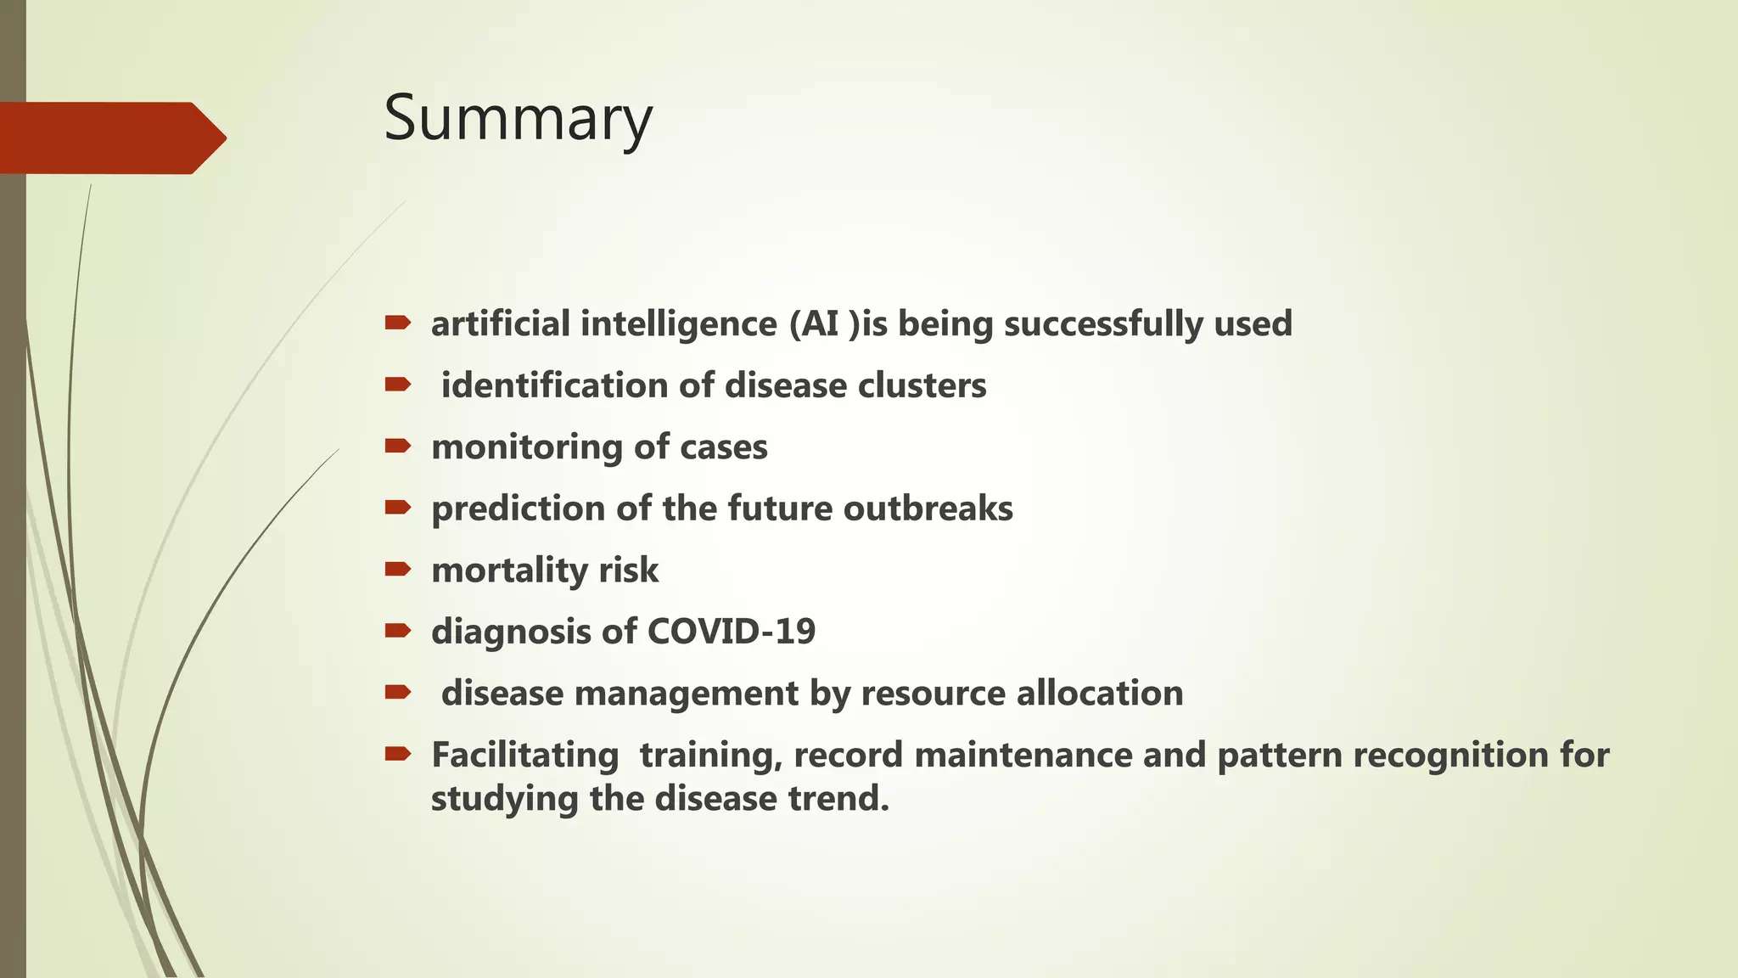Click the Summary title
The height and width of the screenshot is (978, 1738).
coord(518,119)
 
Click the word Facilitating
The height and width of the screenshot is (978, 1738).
coord(524,756)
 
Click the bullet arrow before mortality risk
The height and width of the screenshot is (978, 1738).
coord(397,569)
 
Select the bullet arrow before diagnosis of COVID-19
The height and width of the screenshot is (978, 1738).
coord(397,631)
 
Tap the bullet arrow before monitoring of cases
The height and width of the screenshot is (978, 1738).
coord(397,446)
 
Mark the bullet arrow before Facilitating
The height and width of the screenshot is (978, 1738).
coord(397,754)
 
